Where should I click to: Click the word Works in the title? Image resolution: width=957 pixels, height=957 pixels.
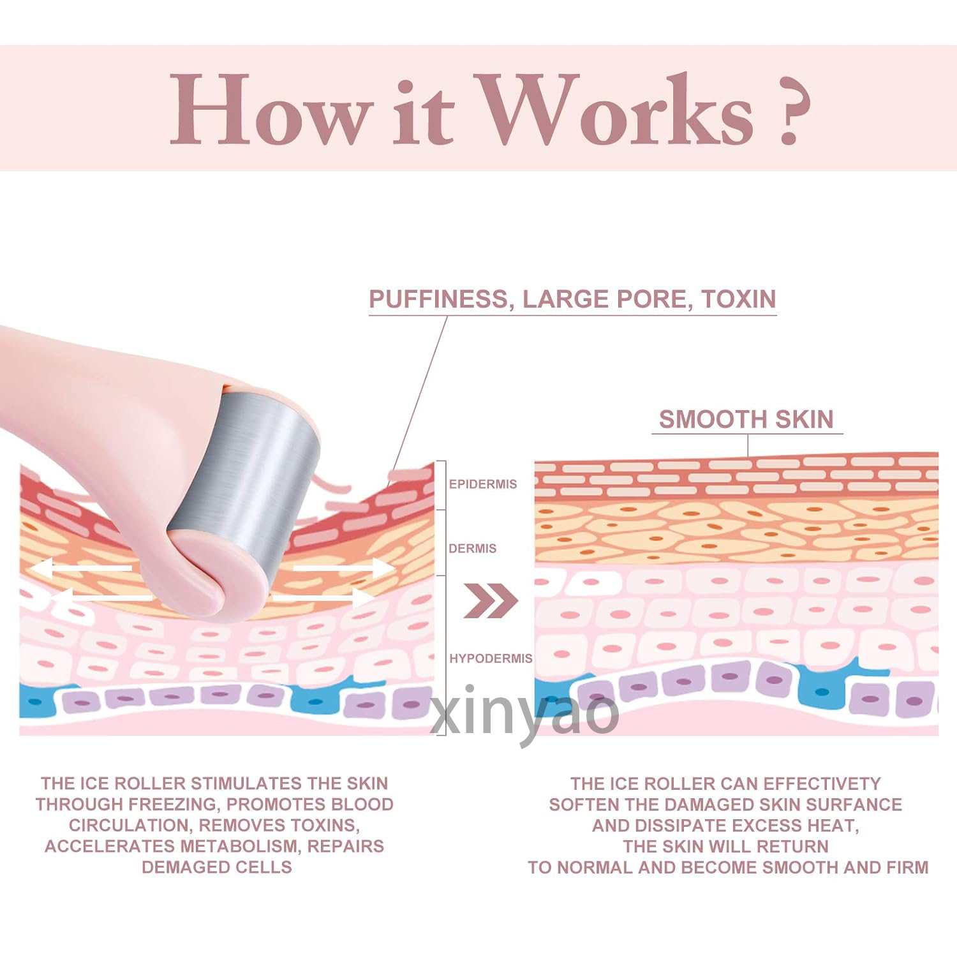pos(616,110)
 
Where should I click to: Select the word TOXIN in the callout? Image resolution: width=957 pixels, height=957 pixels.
pos(739,299)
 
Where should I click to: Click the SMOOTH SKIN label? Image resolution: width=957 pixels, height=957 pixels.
pos(746,419)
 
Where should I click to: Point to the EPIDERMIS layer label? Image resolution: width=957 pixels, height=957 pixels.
pos(483,484)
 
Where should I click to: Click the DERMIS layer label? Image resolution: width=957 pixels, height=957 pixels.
pos(472,549)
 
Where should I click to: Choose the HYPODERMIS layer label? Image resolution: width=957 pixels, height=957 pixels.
pos(491,658)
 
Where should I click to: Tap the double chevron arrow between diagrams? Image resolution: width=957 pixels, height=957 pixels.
pos(490,600)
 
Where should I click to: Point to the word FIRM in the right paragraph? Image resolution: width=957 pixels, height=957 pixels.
pos(907,867)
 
